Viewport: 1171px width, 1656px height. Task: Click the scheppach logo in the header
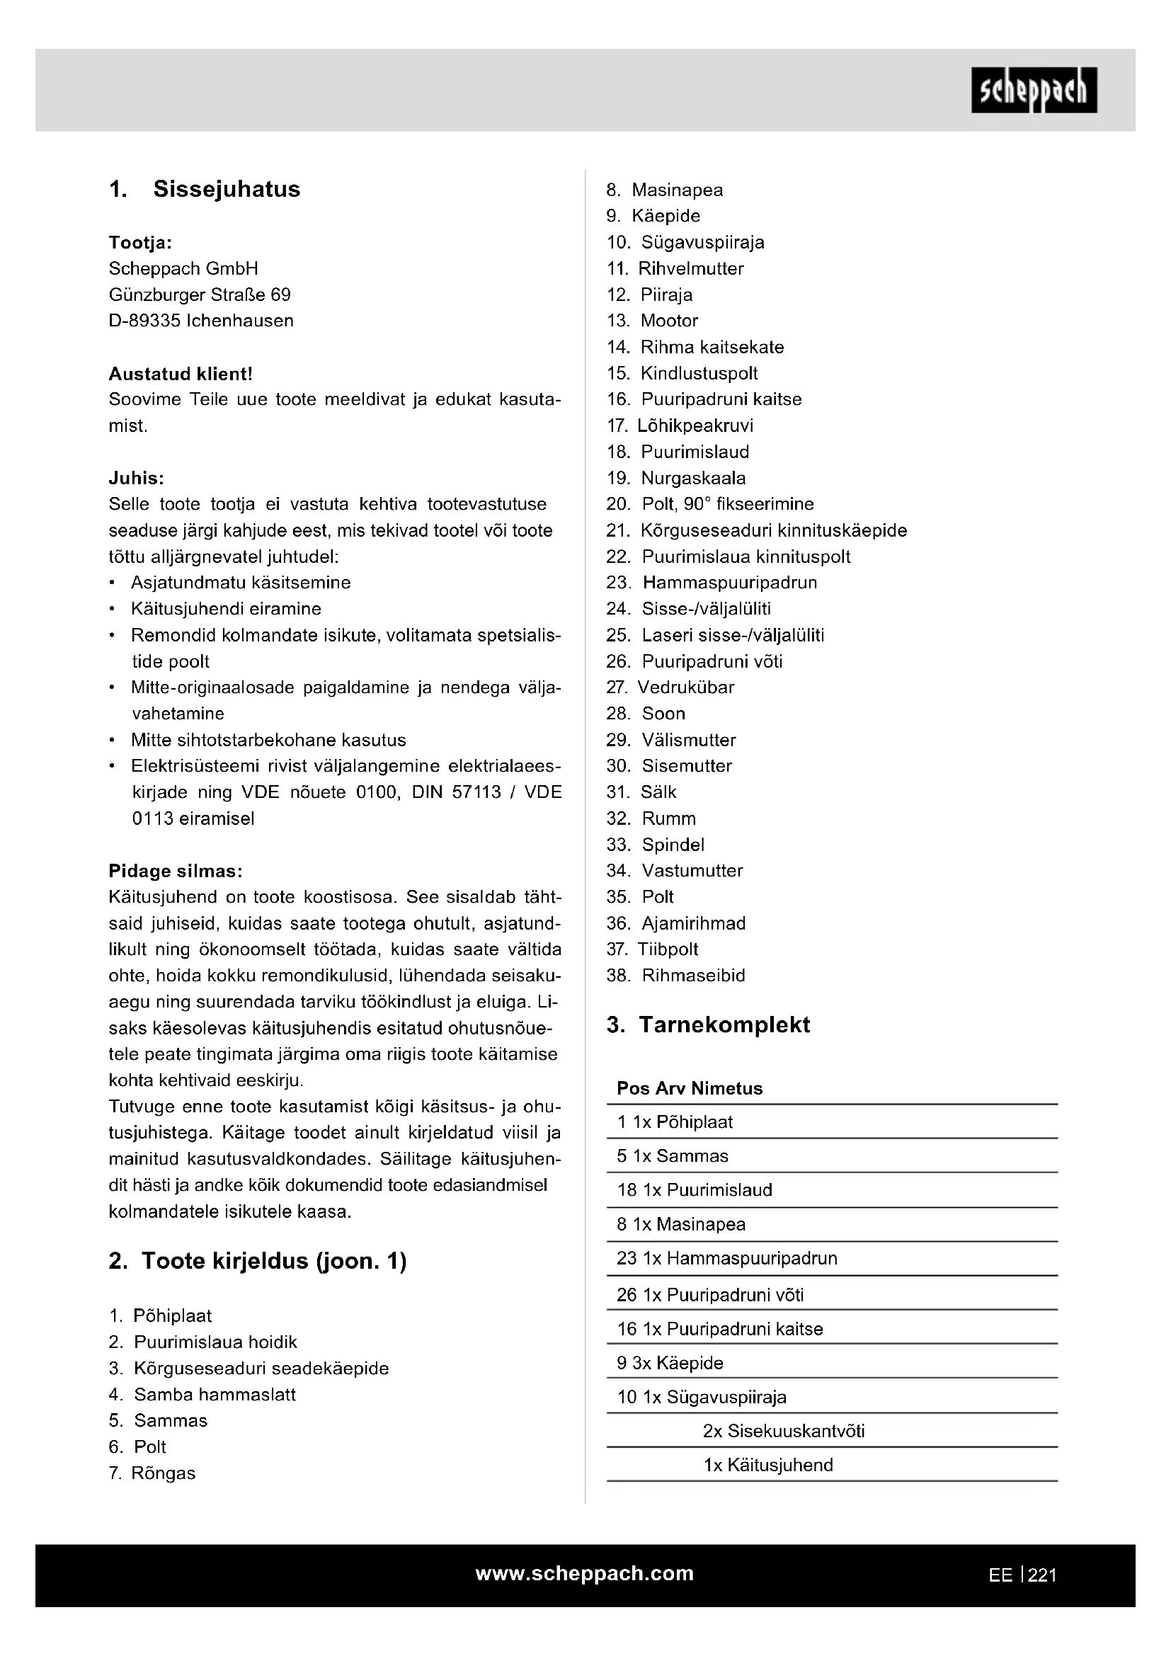[x=1033, y=90]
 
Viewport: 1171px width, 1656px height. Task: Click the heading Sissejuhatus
[x=227, y=189]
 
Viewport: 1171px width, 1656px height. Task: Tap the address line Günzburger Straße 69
[x=200, y=295]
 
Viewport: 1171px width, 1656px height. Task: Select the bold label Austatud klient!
[x=181, y=374]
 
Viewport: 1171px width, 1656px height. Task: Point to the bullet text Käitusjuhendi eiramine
[x=226, y=609]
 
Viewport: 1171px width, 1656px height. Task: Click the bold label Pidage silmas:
[x=175, y=871]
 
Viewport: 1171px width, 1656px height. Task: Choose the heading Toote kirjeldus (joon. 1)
[x=274, y=1261]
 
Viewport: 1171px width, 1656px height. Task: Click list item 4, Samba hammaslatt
[x=214, y=1394]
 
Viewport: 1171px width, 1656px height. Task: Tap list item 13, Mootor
[x=668, y=320]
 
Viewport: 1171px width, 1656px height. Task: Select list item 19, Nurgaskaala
[x=693, y=477]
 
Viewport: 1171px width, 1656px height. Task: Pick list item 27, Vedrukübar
[x=685, y=687]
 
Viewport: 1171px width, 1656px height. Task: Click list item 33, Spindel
[x=673, y=844]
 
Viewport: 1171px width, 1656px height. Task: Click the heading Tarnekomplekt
[x=724, y=1024]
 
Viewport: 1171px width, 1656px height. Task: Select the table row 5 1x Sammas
[x=672, y=1155]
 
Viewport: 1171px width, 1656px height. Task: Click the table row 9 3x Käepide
[x=670, y=1362]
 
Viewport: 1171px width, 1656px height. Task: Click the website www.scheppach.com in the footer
[x=584, y=1573]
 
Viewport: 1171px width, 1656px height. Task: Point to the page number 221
[x=1042, y=1575]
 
